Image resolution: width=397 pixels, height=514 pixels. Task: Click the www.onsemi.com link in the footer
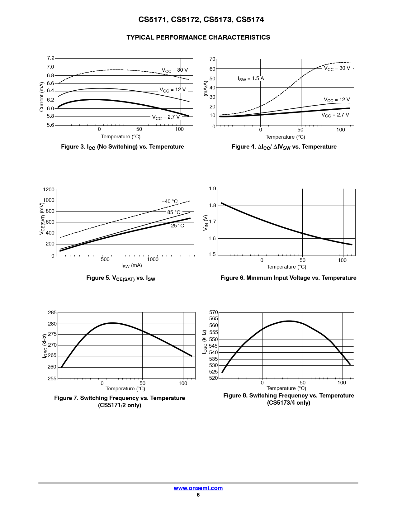(x=198, y=488)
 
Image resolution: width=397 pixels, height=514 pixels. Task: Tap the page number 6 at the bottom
(x=198, y=495)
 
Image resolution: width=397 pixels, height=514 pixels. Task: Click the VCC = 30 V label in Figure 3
(x=175, y=70)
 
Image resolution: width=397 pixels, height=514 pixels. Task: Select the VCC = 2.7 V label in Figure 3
(x=166, y=117)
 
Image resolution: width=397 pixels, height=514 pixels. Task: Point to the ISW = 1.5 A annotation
(x=251, y=79)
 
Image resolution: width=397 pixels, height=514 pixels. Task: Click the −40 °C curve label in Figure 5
(x=170, y=201)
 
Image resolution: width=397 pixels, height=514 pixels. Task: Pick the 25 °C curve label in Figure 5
(x=177, y=226)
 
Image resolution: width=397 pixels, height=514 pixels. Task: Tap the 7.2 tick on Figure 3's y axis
(x=50, y=58)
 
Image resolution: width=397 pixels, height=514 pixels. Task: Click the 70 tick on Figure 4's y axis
(x=212, y=59)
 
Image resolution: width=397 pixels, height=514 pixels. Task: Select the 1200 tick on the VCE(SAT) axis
(x=49, y=189)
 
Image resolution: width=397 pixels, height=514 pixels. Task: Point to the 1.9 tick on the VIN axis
(x=212, y=189)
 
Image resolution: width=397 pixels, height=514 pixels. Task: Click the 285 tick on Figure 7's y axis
(x=52, y=313)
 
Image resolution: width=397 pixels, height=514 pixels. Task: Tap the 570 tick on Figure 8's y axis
(x=214, y=312)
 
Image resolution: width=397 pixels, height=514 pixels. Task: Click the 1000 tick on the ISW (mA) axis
(x=153, y=259)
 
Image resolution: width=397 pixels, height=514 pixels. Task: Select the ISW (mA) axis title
(x=132, y=266)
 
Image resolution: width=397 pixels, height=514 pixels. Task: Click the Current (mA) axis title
(x=42, y=97)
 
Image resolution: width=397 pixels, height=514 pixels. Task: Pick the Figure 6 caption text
(x=288, y=278)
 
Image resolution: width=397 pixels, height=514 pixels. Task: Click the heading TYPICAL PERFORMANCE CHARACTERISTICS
(x=198, y=37)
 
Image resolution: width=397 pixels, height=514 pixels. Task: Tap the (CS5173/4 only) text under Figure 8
(x=289, y=403)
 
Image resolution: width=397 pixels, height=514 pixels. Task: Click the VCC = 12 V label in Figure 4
(x=337, y=100)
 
